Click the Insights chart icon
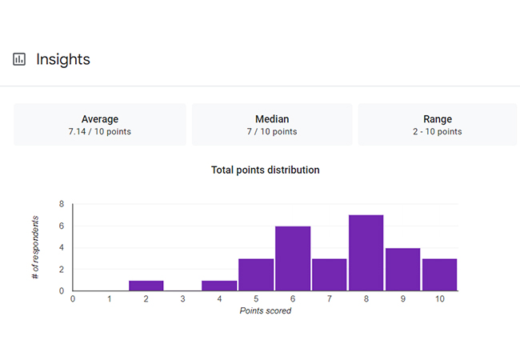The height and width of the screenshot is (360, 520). point(19,59)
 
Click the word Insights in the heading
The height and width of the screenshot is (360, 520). point(63,59)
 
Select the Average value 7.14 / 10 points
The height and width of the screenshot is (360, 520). point(100,131)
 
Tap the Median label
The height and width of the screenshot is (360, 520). point(272,119)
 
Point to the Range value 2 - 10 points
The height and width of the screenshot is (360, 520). point(438,131)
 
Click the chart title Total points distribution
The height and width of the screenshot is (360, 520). point(266,170)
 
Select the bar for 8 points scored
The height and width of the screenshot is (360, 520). point(366,253)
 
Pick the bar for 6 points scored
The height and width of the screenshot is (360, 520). point(293,258)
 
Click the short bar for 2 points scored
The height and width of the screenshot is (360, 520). point(146,286)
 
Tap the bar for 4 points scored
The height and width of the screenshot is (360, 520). point(219,286)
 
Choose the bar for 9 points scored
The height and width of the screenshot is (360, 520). point(402,270)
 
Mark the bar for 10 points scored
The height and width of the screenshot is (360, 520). point(439,274)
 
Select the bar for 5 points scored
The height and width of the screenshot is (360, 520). point(256,274)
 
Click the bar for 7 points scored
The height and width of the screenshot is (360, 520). point(329,274)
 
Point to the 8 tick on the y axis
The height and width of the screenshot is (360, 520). point(61,204)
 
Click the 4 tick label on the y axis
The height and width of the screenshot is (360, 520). point(61,247)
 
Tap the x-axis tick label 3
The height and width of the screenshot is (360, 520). point(182,299)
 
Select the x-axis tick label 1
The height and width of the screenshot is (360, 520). point(109,299)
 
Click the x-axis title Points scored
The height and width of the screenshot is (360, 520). point(266,310)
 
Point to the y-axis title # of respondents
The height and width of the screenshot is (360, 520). point(36,246)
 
